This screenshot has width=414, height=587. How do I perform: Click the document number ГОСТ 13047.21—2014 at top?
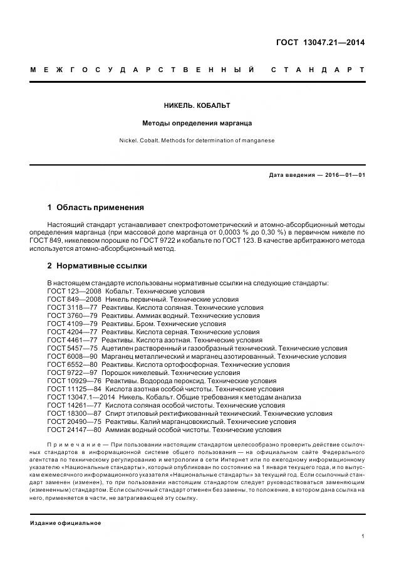(320, 43)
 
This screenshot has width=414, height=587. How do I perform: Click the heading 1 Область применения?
(96, 208)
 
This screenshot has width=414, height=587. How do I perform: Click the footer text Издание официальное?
(65, 522)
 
